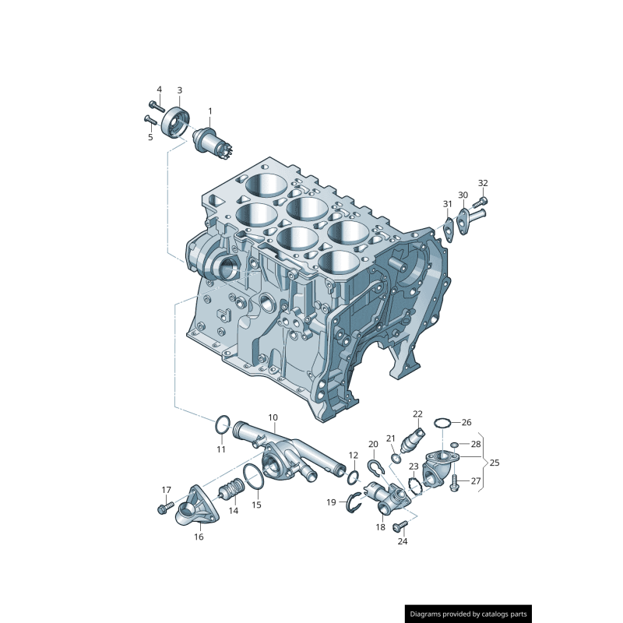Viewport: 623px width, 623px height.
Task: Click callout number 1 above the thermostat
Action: (x=209, y=111)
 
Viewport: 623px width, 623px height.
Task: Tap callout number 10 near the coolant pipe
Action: (x=273, y=417)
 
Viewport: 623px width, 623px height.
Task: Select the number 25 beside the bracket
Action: (x=494, y=462)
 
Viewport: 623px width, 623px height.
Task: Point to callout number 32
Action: (x=483, y=183)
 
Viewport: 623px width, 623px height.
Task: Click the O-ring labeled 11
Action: (x=222, y=426)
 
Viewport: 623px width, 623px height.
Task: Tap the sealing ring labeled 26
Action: (x=442, y=423)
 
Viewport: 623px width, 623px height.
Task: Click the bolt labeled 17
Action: (x=164, y=509)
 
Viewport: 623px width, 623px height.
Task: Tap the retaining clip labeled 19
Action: (x=354, y=502)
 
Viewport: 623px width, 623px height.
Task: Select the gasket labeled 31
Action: (x=449, y=226)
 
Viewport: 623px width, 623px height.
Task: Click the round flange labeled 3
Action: (x=177, y=124)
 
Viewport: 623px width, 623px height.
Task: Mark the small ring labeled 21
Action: (x=396, y=459)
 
